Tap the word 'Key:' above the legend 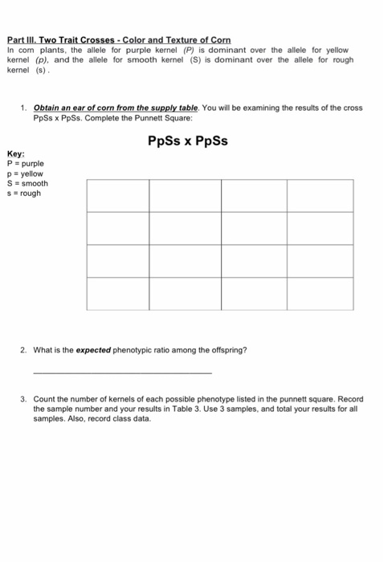pos(14,154)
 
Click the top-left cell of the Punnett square pos(117,195)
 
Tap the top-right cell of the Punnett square pos(320,195)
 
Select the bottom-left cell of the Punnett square pos(117,293)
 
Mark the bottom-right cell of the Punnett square pos(320,293)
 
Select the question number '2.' pos(25,351)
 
